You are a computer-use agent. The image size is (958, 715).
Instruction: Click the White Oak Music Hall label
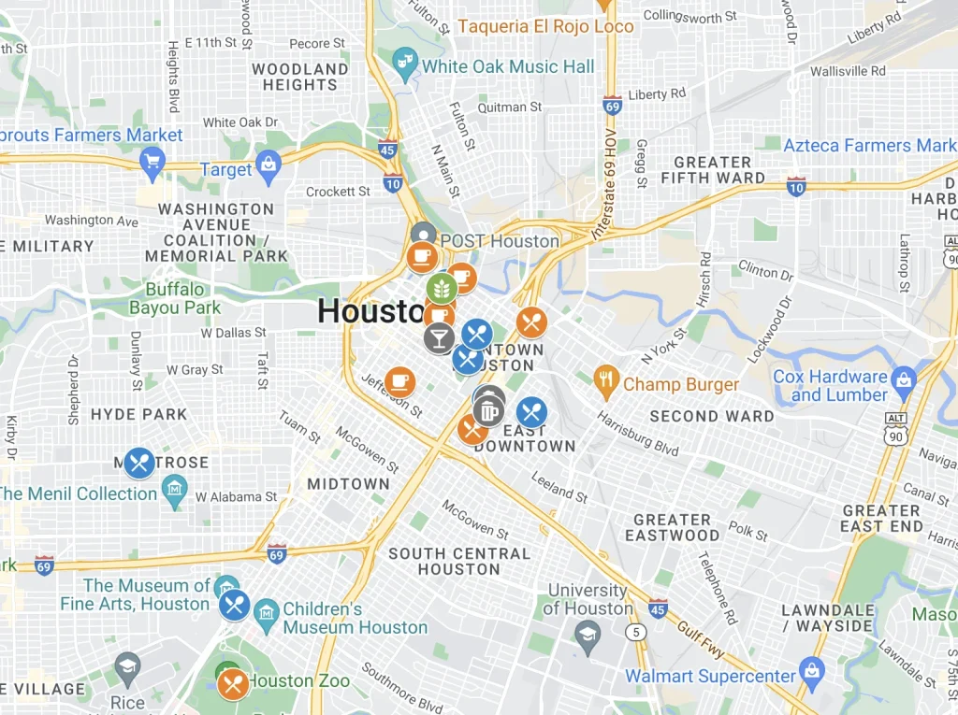[x=507, y=66]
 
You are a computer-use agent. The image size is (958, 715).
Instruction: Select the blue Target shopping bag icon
[x=269, y=167]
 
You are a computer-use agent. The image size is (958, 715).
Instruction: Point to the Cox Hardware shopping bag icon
[x=903, y=379]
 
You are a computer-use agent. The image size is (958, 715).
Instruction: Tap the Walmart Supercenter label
[x=710, y=675]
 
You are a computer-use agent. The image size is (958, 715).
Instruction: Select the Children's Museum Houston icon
[x=267, y=613]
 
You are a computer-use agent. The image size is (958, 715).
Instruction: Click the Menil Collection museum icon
[x=174, y=488]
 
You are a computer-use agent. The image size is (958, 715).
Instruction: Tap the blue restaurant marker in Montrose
[x=139, y=462]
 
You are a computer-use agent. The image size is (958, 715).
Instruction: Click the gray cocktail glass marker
[x=439, y=337]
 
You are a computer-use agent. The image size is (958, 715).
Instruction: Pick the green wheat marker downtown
[x=441, y=288]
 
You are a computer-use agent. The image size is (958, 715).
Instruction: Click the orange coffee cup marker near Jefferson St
[x=400, y=381]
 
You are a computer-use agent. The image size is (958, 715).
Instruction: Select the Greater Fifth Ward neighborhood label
[x=712, y=169]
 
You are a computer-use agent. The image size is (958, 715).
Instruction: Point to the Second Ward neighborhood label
[x=711, y=416]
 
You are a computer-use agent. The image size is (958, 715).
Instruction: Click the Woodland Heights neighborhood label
[x=299, y=77]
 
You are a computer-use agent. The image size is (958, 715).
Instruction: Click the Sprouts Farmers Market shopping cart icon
[x=152, y=165]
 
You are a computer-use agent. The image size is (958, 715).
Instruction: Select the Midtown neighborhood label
[x=348, y=483]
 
